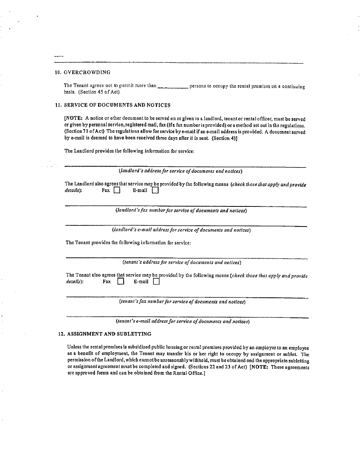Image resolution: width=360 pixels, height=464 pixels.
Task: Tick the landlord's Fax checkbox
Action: click(x=117, y=191)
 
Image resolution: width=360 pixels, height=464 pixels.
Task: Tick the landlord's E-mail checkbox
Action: click(x=155, y=191)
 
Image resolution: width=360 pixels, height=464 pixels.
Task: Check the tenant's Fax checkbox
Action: click(x=121, y=281)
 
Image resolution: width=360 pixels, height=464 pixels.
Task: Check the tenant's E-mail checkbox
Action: click(x=156, y=281)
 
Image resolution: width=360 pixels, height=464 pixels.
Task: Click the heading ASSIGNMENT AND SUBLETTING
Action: click(x=109, y=334)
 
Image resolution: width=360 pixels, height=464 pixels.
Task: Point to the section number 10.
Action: click(x=58, y=72)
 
